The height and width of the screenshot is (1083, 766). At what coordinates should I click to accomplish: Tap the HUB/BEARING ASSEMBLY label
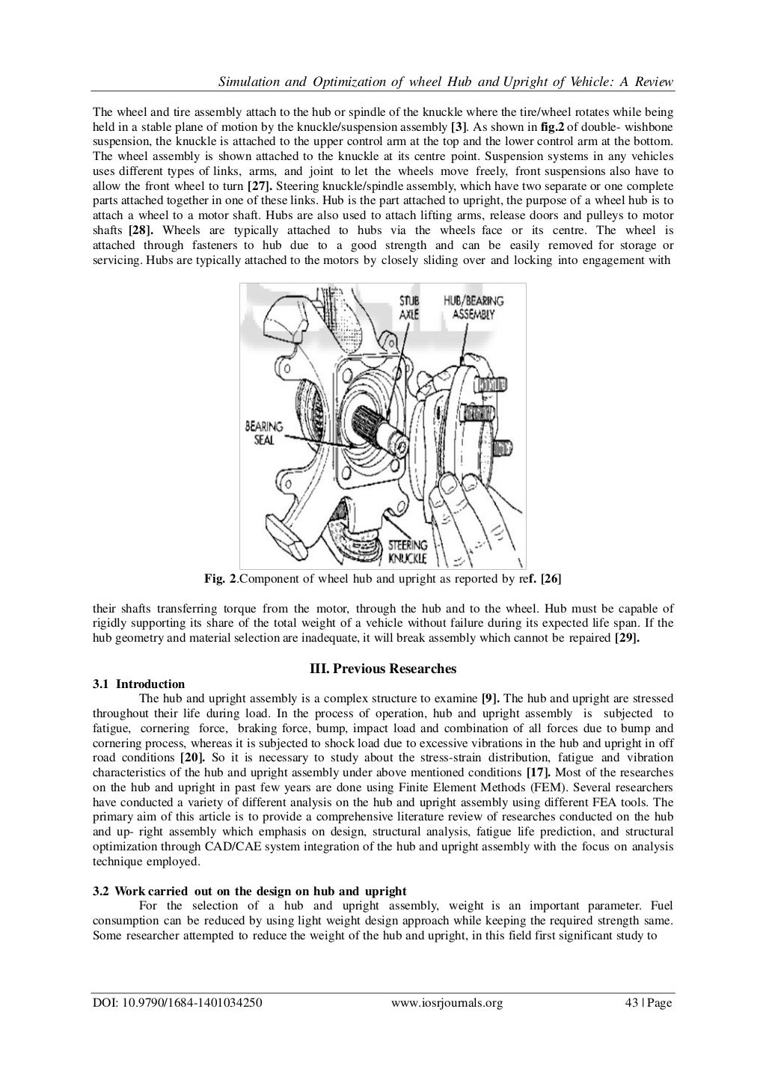(474, 307)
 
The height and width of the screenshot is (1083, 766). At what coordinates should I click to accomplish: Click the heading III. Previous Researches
(382, 669)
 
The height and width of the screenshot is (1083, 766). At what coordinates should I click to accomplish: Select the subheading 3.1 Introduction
(138, 684)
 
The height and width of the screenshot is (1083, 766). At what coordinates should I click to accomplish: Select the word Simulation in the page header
(239, 81)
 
